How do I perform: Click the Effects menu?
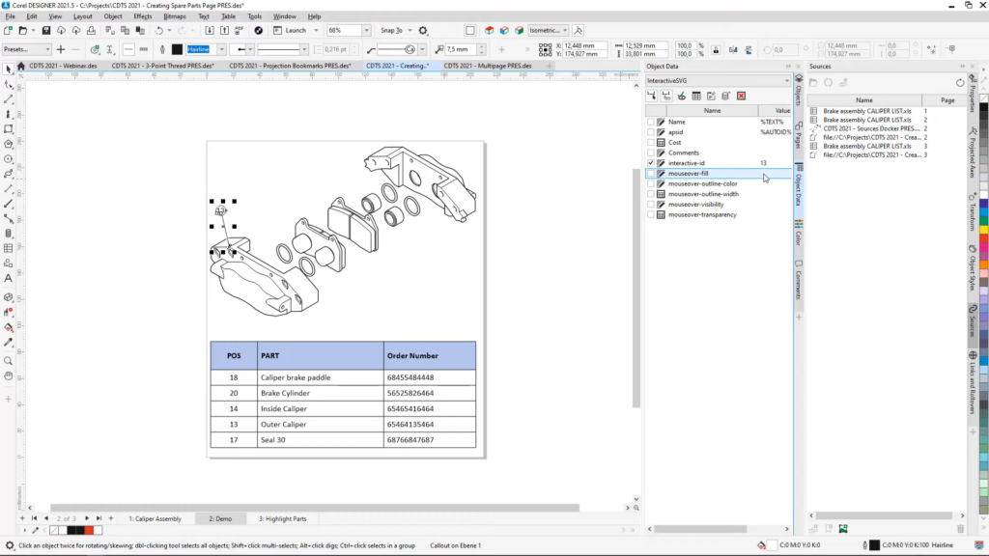click(143, 16)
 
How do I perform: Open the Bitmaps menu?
click(175, 16)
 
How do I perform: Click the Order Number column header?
click(412, 355)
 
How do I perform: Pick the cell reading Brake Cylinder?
click(285, 393)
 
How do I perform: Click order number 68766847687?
click(410, 439)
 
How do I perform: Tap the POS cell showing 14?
click(234, 408)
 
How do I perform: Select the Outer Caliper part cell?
click(283, 424)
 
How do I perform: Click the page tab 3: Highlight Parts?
click(282, 518)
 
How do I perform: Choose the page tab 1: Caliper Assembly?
click(155, 518)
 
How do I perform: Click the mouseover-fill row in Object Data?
click(688, 174)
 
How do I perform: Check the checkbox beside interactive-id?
click(651, 163)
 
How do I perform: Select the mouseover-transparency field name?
click(702, 215)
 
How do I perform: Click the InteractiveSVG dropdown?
click(719, 81)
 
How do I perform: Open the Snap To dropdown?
click(395, 30)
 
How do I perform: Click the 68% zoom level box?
click(343, 30)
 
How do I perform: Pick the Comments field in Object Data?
click(683, 153)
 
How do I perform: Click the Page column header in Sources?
click(947, 99)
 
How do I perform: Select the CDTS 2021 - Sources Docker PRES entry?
click(870, 127)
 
